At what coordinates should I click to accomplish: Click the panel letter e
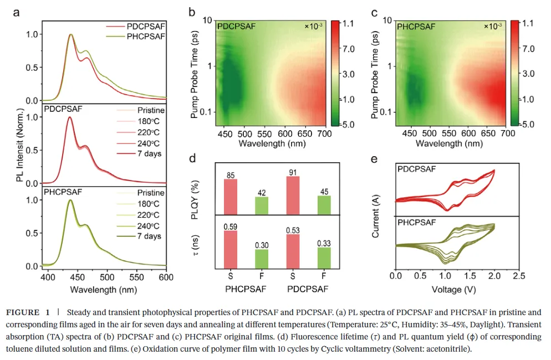(374, 159)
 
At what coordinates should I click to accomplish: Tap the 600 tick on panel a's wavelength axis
(166, 276)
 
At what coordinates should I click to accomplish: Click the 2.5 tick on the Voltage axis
(519, 275)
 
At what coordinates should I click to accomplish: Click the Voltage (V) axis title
(457, 289)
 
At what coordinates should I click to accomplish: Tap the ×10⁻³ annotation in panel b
(314, 26)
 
